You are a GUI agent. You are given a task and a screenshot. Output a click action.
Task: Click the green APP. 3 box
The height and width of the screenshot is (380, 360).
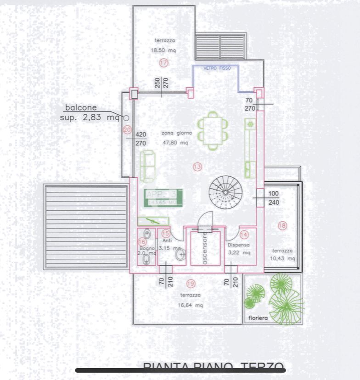pos(163,197)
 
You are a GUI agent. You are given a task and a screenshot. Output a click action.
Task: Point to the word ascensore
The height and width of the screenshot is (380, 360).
pos(205,248)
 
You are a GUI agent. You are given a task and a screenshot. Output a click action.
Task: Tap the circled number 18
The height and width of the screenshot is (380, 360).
pos(282,225)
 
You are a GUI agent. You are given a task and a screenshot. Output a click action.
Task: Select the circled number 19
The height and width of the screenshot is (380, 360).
pos(191,283)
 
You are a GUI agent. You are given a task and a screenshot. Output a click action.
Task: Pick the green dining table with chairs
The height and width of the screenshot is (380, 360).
pos(212,130)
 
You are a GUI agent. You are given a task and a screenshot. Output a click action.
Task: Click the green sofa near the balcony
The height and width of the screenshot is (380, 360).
pos(148,165)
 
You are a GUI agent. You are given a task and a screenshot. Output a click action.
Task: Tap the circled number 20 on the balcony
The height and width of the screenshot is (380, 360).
pos(128,130)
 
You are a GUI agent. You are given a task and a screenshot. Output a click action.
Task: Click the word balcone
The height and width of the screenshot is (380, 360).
pos(81,108)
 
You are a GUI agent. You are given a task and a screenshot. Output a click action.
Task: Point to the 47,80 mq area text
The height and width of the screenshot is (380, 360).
pos(175,143)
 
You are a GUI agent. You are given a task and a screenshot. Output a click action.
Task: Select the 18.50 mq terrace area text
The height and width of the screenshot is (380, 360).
pos(163,50)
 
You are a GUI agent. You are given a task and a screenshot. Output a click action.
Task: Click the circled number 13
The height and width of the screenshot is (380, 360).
pos(197,167)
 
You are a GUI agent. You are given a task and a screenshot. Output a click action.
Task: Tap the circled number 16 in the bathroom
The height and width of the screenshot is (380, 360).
pos(142,241)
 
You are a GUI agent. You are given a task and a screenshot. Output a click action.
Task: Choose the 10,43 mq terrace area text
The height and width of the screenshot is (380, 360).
pos(282,258)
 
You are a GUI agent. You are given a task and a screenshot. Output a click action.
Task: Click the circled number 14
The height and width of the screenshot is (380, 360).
pos(244,235)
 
